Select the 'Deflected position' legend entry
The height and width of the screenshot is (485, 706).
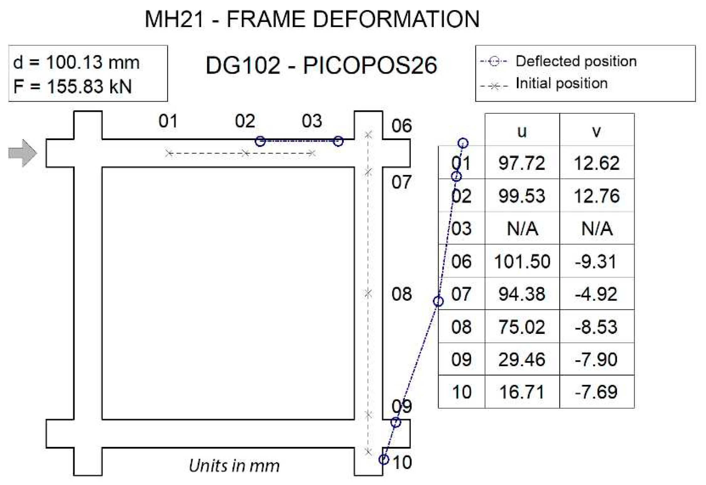(x=576, y=61)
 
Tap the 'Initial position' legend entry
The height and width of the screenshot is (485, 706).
(x=561, y=83)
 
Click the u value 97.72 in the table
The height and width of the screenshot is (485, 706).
(x=522, y=163)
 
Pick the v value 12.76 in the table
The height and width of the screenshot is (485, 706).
(x=596, y=196)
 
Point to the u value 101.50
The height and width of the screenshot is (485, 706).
(x=522, y=261)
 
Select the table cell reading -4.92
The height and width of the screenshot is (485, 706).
(x=596, y=294)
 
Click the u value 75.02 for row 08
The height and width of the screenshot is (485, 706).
(x=522, y=327)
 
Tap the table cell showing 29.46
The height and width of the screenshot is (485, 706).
(x=522, y=359)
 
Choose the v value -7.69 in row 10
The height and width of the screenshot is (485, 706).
(x=596, y=392)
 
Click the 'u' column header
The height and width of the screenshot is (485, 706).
(x=522, y=131)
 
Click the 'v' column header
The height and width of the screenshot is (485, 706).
(x=596, y=131)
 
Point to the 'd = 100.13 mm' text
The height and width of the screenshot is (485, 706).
(x=76, y=62)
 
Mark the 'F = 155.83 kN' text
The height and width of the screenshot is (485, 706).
(x=72, y=86)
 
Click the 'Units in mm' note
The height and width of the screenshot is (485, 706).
(x=234, y=465)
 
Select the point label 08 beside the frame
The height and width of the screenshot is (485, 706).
(x=401, y=294)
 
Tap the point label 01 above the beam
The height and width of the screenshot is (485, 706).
(x=168, y=121)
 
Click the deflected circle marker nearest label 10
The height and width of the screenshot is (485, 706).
(x=384, y=460)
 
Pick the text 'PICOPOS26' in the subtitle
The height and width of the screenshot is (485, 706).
(x=370, y=66)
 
